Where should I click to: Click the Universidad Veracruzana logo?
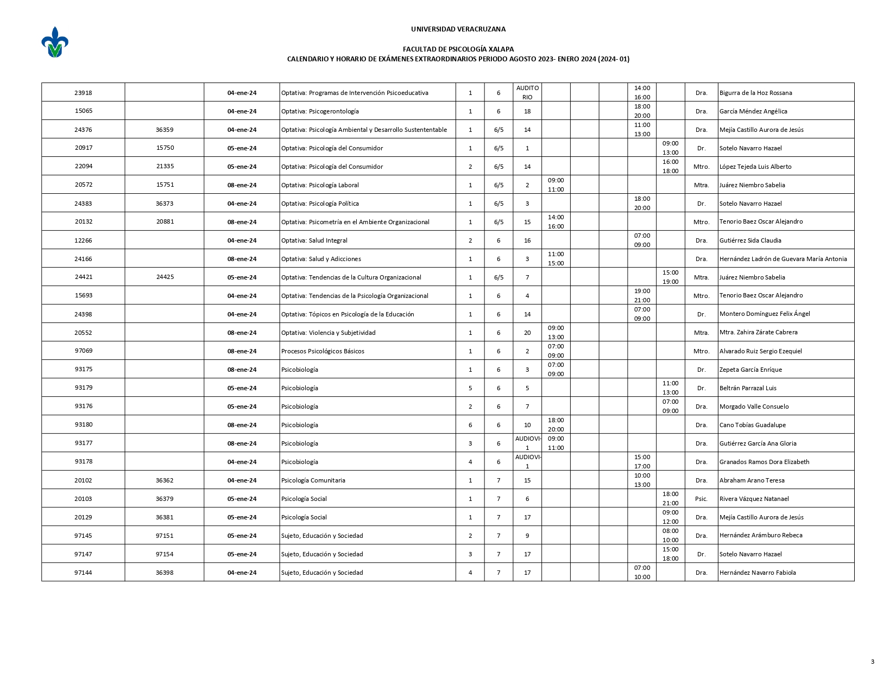pyautogui.click(x=55, y=42)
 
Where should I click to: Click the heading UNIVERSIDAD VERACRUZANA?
pyautogui.click(x=458, y=29)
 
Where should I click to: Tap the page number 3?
pyautogui.click(x=872, y=661)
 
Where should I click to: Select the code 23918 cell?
pyautogui.click(x=83, y=93)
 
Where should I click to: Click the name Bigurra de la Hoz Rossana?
pyautogui.click(x=755, y=93)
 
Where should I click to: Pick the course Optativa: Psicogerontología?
pyautogui.click(x=320, y=111)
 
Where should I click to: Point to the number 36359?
pyautogui.click(x=165, y=130)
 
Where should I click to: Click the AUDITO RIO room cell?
pyautogui.click(x=527, y=92)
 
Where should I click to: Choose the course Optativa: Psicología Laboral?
pyautogui.click(x=320, y=185)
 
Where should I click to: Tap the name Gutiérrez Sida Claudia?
pyautogui.click(x=750, y=240)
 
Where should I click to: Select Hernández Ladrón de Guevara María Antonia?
pyautogui.click(x=783, y=259)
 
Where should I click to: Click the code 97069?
pyautogui.click(x=83, y=351)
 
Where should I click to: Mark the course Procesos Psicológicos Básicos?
pyautogui.click(x=323, y=351)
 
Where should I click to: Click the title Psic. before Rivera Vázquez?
pyautogui.click(x=701, y=499)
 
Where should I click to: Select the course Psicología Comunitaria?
pyautogui.click(x=313, y=480)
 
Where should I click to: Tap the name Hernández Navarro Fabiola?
pyautogui.click(x=758, y=573)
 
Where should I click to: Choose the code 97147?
pyautogui.click(x=83, y=554)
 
